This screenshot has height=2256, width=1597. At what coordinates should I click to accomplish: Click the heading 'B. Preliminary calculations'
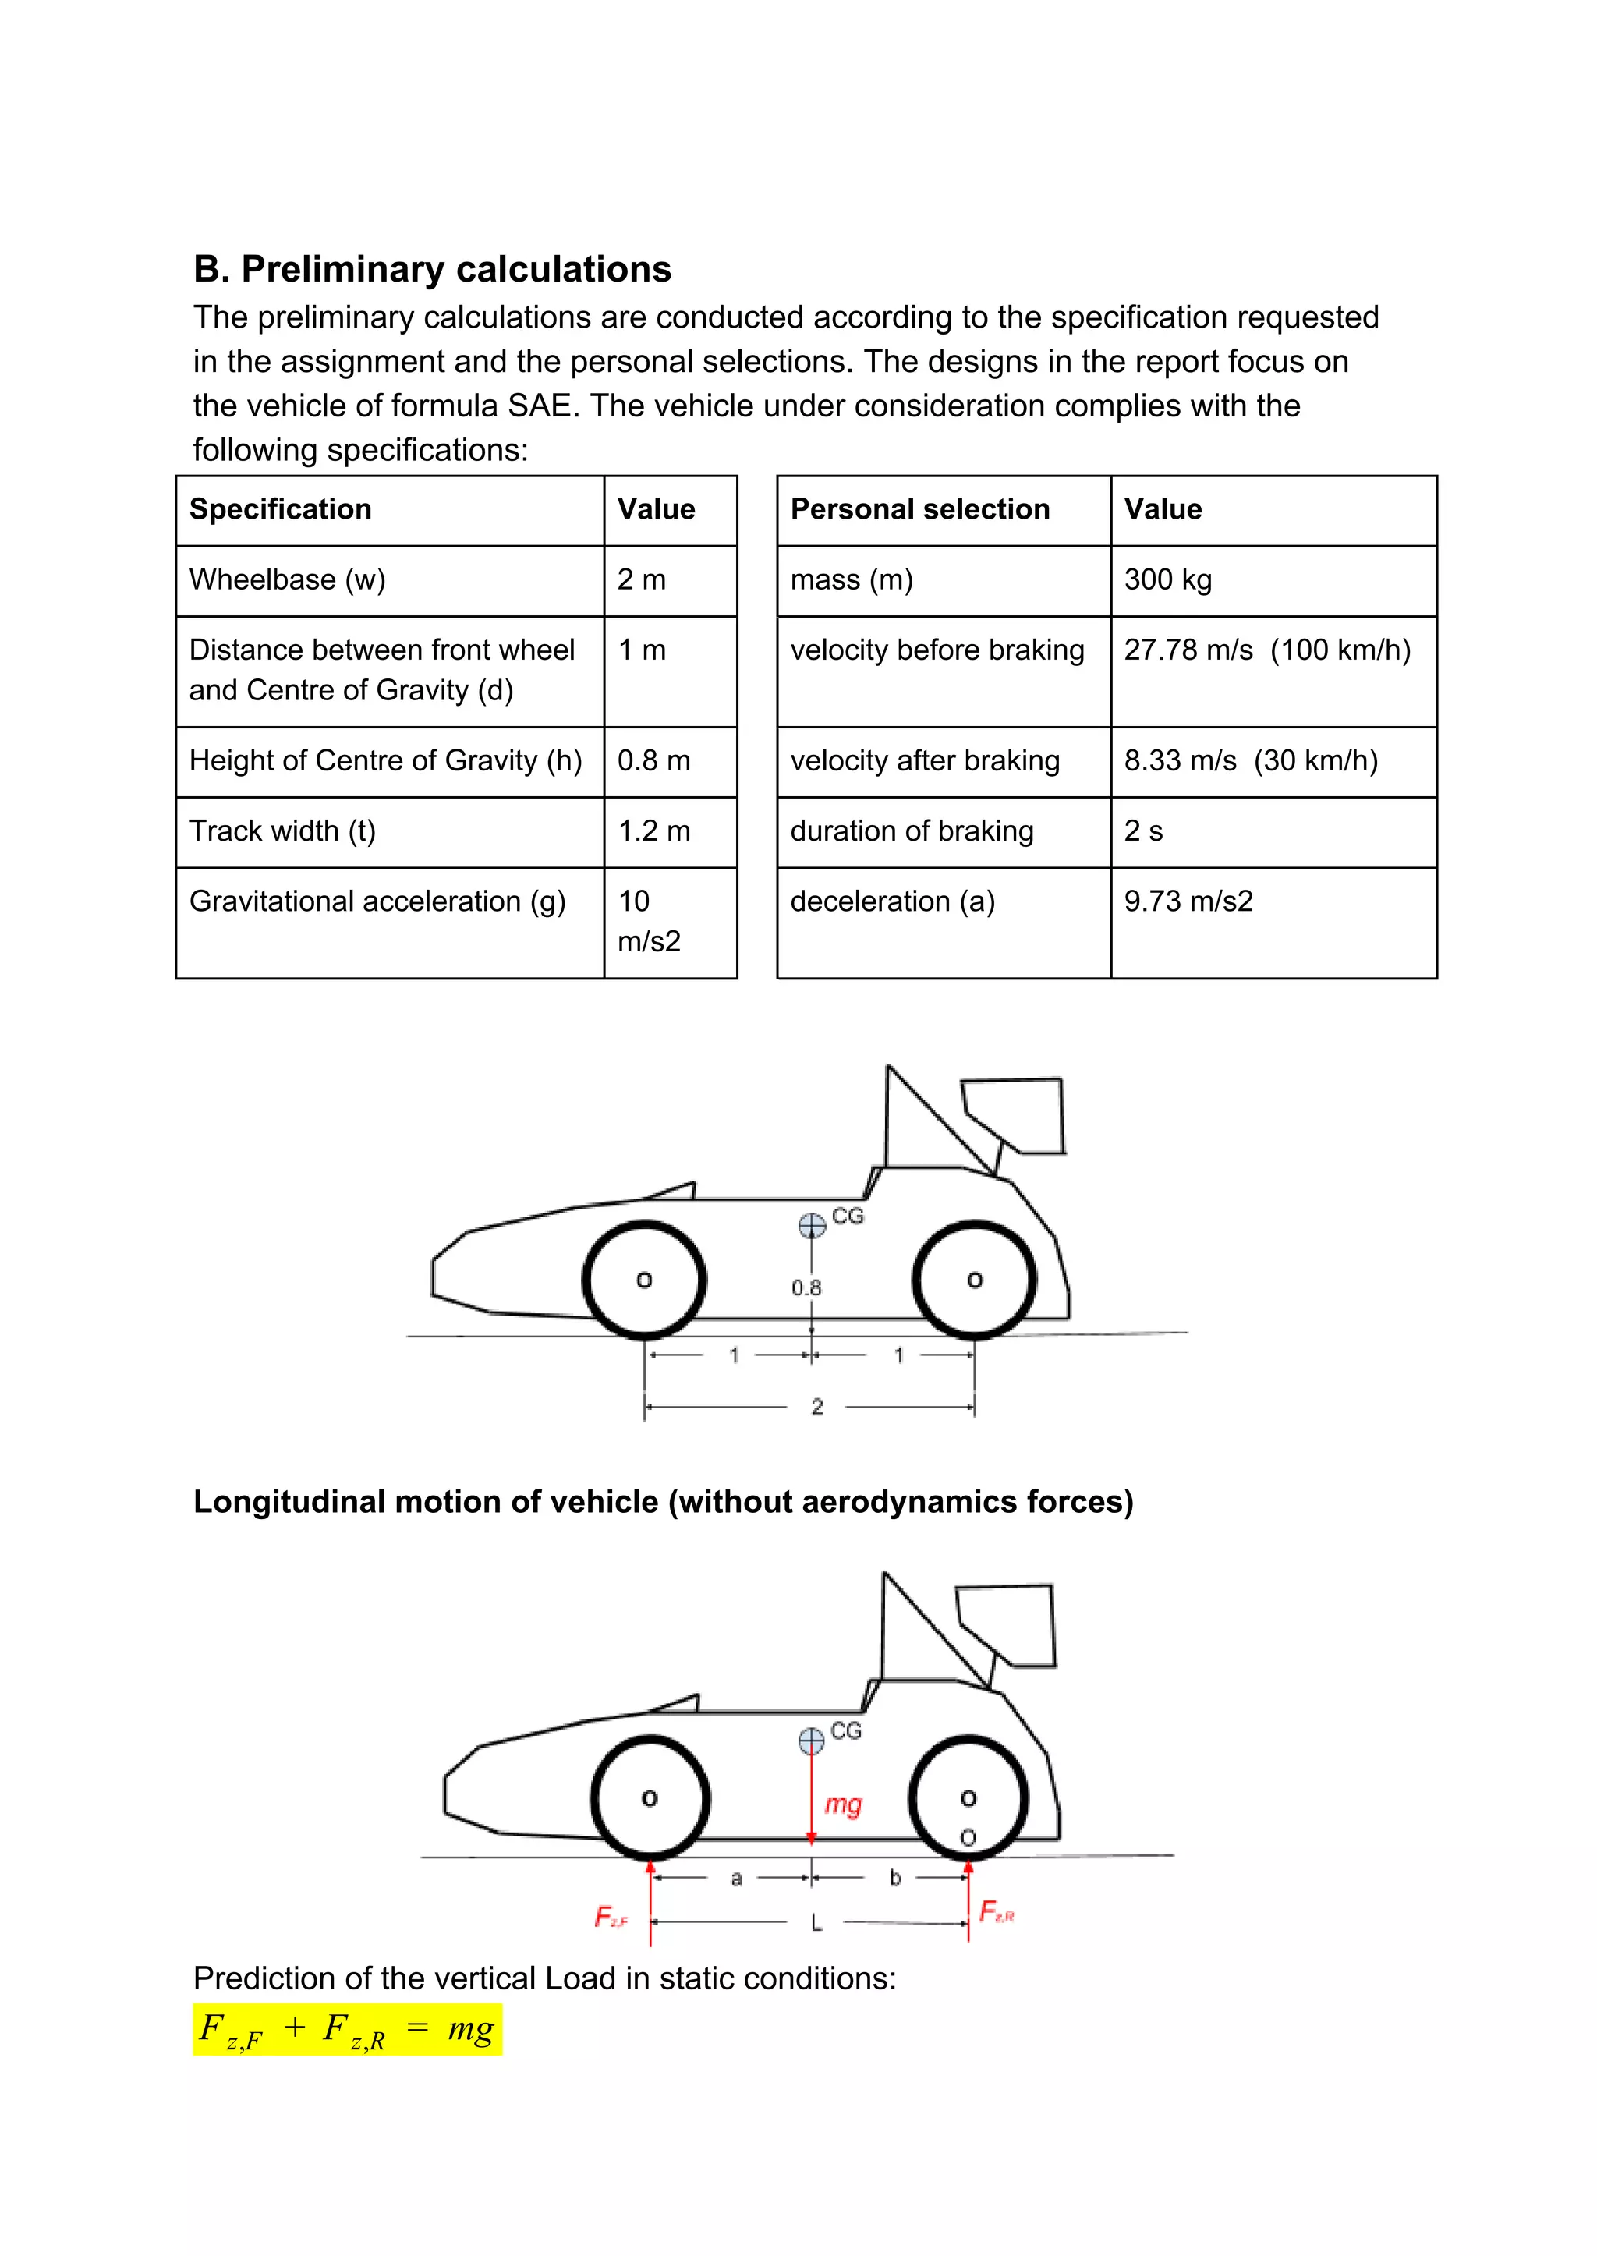click(x=432, y=270)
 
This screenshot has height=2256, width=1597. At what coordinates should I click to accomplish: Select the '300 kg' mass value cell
click(x=1167, y=580)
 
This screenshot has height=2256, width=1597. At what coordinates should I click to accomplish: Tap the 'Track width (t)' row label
click(x=282, y=831)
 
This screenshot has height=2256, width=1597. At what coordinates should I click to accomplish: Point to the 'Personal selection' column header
click(x=919, y=509)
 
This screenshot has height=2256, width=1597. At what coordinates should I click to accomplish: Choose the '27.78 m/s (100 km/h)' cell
click(x=1266, y=650)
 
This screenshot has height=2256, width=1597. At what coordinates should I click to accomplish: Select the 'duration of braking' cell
click(x=912, y=831)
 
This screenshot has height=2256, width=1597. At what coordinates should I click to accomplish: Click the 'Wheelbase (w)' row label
click(x=287, y=580)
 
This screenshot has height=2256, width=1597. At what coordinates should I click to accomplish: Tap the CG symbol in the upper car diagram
click(x=811, y=1224)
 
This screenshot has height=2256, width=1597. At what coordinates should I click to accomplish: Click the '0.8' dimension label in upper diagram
click(x=806, y=1287)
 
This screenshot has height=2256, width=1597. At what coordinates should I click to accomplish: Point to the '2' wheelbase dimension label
click(x=816, y=1406)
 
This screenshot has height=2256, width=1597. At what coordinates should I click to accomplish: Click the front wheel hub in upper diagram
click(x=644, y=1280)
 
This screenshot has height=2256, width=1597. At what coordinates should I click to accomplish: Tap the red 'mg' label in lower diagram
click(x=843, y=1804)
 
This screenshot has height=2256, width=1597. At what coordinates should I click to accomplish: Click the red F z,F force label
click(x=610, y=1916)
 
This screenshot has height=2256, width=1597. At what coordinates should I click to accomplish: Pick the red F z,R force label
click(x=995, y=1911)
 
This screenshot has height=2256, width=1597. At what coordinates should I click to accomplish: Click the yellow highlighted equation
click(x=347, y=2029)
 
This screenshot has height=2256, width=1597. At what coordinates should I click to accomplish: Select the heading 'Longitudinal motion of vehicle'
click(x=663, y=1502)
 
